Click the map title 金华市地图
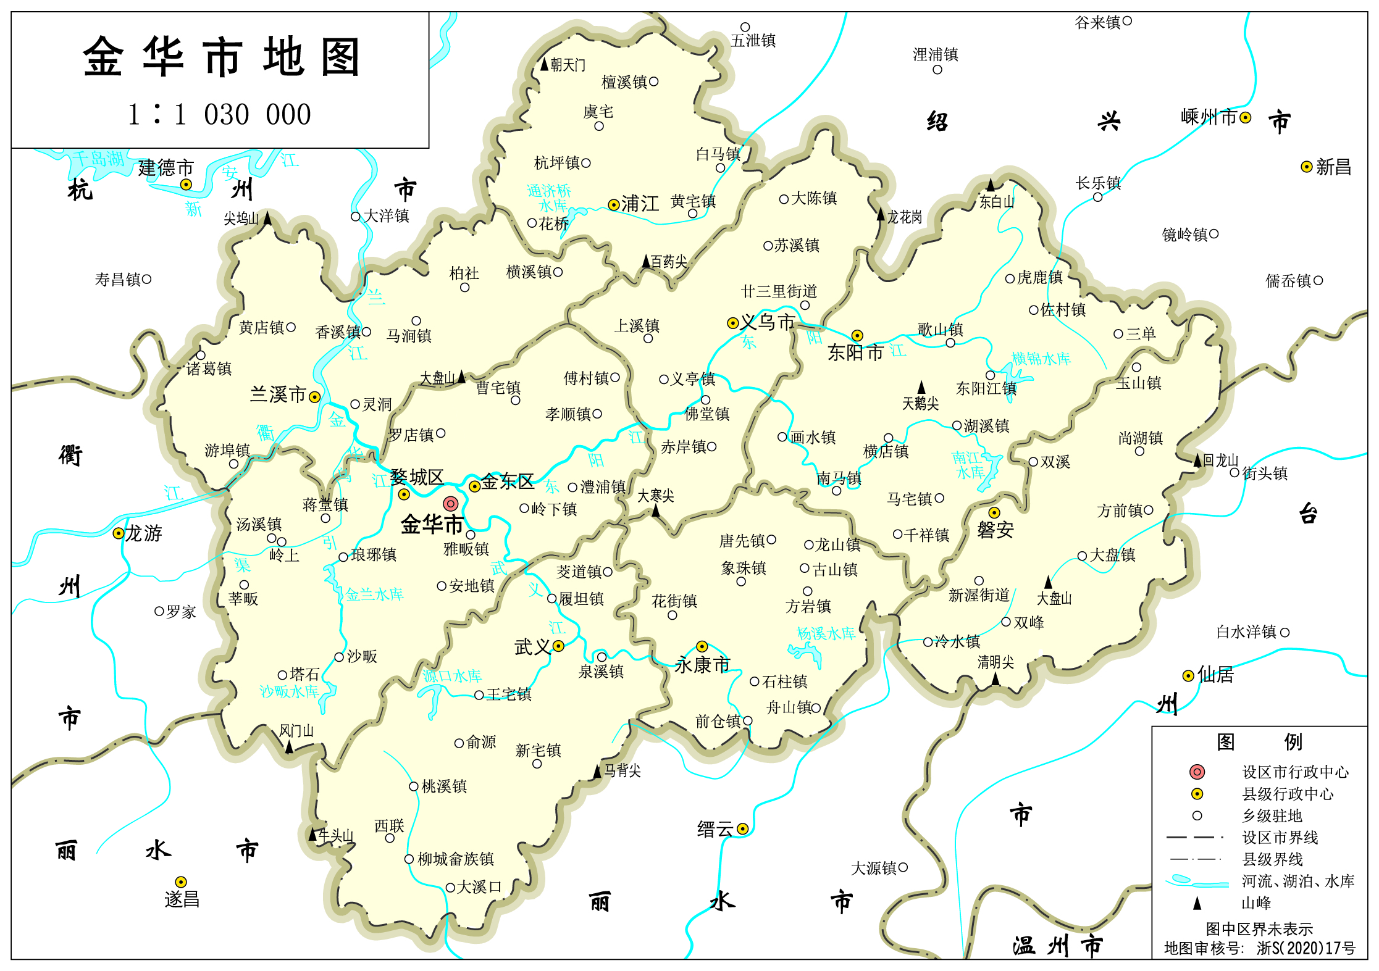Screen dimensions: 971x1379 coord(220,57)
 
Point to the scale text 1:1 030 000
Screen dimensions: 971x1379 coord(219,115)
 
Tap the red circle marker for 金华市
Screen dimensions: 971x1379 coord(451,504)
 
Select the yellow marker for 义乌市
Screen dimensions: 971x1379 coord(732,323)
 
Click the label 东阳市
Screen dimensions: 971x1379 coord(855,352)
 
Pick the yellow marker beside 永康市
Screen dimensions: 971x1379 coord(702,646)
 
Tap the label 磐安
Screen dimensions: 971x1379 coord(995,530)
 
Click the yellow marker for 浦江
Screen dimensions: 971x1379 coord(613,204)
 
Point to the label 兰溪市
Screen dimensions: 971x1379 coord(277,394)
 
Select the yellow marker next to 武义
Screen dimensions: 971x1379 coord(558,646)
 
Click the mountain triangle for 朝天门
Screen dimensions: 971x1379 coord(544,64)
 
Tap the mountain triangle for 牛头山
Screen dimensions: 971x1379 coord(312,835)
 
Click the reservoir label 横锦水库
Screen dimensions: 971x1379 coord(1041,359)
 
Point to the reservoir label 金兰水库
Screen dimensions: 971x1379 coord(374,594)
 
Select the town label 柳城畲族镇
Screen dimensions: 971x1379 coord(456,859)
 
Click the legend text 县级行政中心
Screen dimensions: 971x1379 coord(1288,794)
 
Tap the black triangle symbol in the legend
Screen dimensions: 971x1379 coord(1197,903)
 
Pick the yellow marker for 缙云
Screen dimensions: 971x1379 coord(743,829)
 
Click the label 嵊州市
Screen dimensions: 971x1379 coord(1209,117)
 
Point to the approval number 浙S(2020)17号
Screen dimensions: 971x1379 coord(1306,948)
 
